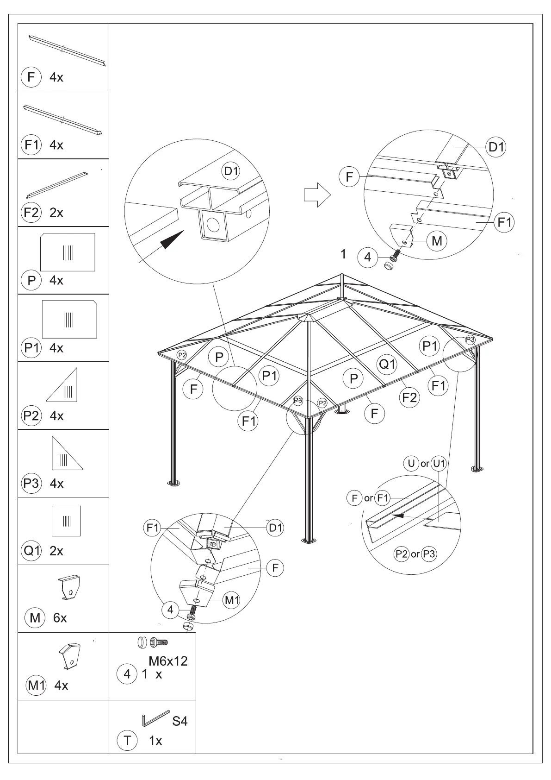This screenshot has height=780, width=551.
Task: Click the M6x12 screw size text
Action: coord(168,661)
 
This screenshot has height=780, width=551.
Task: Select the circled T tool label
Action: coord(127,741)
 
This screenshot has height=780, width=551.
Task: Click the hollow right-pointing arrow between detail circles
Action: coord(317,195)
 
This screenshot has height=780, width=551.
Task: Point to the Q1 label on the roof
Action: coord(387,365)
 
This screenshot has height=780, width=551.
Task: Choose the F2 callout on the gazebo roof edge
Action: coord(409,397)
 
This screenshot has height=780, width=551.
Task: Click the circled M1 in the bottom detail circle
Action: coord(231,601)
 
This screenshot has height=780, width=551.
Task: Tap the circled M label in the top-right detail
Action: coord(437,241)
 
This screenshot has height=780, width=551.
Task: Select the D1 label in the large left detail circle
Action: coord(231,171)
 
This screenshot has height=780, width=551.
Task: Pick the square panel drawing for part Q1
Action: coord(66,521)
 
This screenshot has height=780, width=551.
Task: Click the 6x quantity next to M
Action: coord(60,618)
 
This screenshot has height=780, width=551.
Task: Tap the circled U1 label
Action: coord(439,463)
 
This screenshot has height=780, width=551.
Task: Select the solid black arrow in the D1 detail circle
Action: coord(173,239)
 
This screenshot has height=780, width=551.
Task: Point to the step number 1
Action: coord(343,254)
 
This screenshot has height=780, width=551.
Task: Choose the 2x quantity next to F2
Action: coord(56,213)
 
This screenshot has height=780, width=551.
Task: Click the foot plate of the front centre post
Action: coord(308,540)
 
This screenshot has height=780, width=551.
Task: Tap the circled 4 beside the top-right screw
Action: coord(368,257)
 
